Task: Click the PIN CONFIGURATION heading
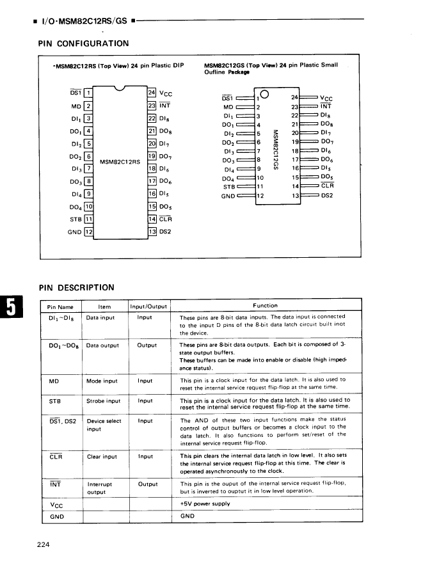pyautogui.click(x=84, y=44)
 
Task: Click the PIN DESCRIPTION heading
pyautogui.click(x=77, y=287)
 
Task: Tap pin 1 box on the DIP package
pyautogui.click(x=89, y=93)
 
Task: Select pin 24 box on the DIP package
pyautogui.click(x=152, y=93)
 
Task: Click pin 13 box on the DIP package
pyautogui.click(x=152, y=231)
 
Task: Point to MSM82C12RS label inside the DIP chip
pyautogui.click(x=119, y=161)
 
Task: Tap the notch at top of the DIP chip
pyautogui.click(x=120, y=90)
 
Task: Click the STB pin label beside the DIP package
pyautogui.click(x=75, y=219)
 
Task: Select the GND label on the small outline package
pyautogui.click(x=228, y=196)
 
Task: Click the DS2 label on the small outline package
pyautogui.click(x=327, y=196)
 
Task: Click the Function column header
pyautogui.click(x=265, y=306)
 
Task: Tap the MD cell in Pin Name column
pyautogui.click(x=54, y=381)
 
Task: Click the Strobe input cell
pyautogui.click(x=103, y=401)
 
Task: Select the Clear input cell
pyautogui.click(x=102, y=457)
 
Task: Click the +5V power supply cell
pyautogui.click(x=204, y=504)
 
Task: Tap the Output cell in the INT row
pyautogui.click(x=147, y=484)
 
